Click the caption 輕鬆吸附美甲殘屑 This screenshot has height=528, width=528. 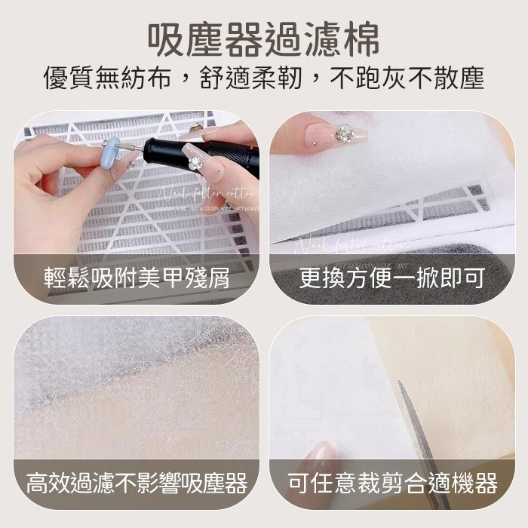tap(136, 280)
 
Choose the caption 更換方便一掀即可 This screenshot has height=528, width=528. tap(392, 280)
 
